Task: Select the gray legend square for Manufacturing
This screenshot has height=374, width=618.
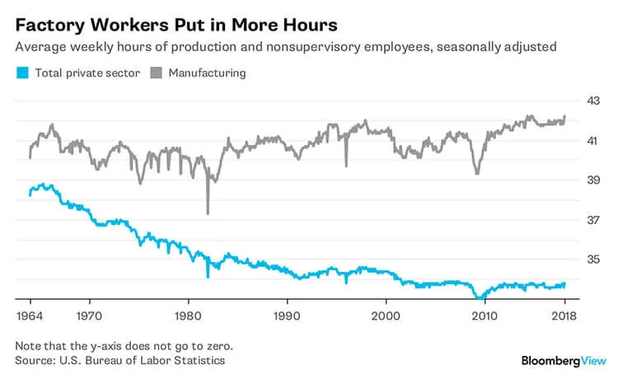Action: tap(157, 73)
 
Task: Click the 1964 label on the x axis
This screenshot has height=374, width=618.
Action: tap(29, 316)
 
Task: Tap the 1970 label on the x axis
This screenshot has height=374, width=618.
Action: tap(89, 316)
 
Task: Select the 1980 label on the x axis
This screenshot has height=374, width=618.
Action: tap(188, 316)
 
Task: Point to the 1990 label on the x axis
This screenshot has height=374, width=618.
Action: tap(287, 316)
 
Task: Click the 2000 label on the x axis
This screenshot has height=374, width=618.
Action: tap(386, 316)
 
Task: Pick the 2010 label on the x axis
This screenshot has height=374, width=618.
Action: tap(485, 316)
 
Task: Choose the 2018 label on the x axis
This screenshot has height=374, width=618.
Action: tap(564, 316)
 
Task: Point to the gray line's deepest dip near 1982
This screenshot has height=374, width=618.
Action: tap(208, 213)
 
